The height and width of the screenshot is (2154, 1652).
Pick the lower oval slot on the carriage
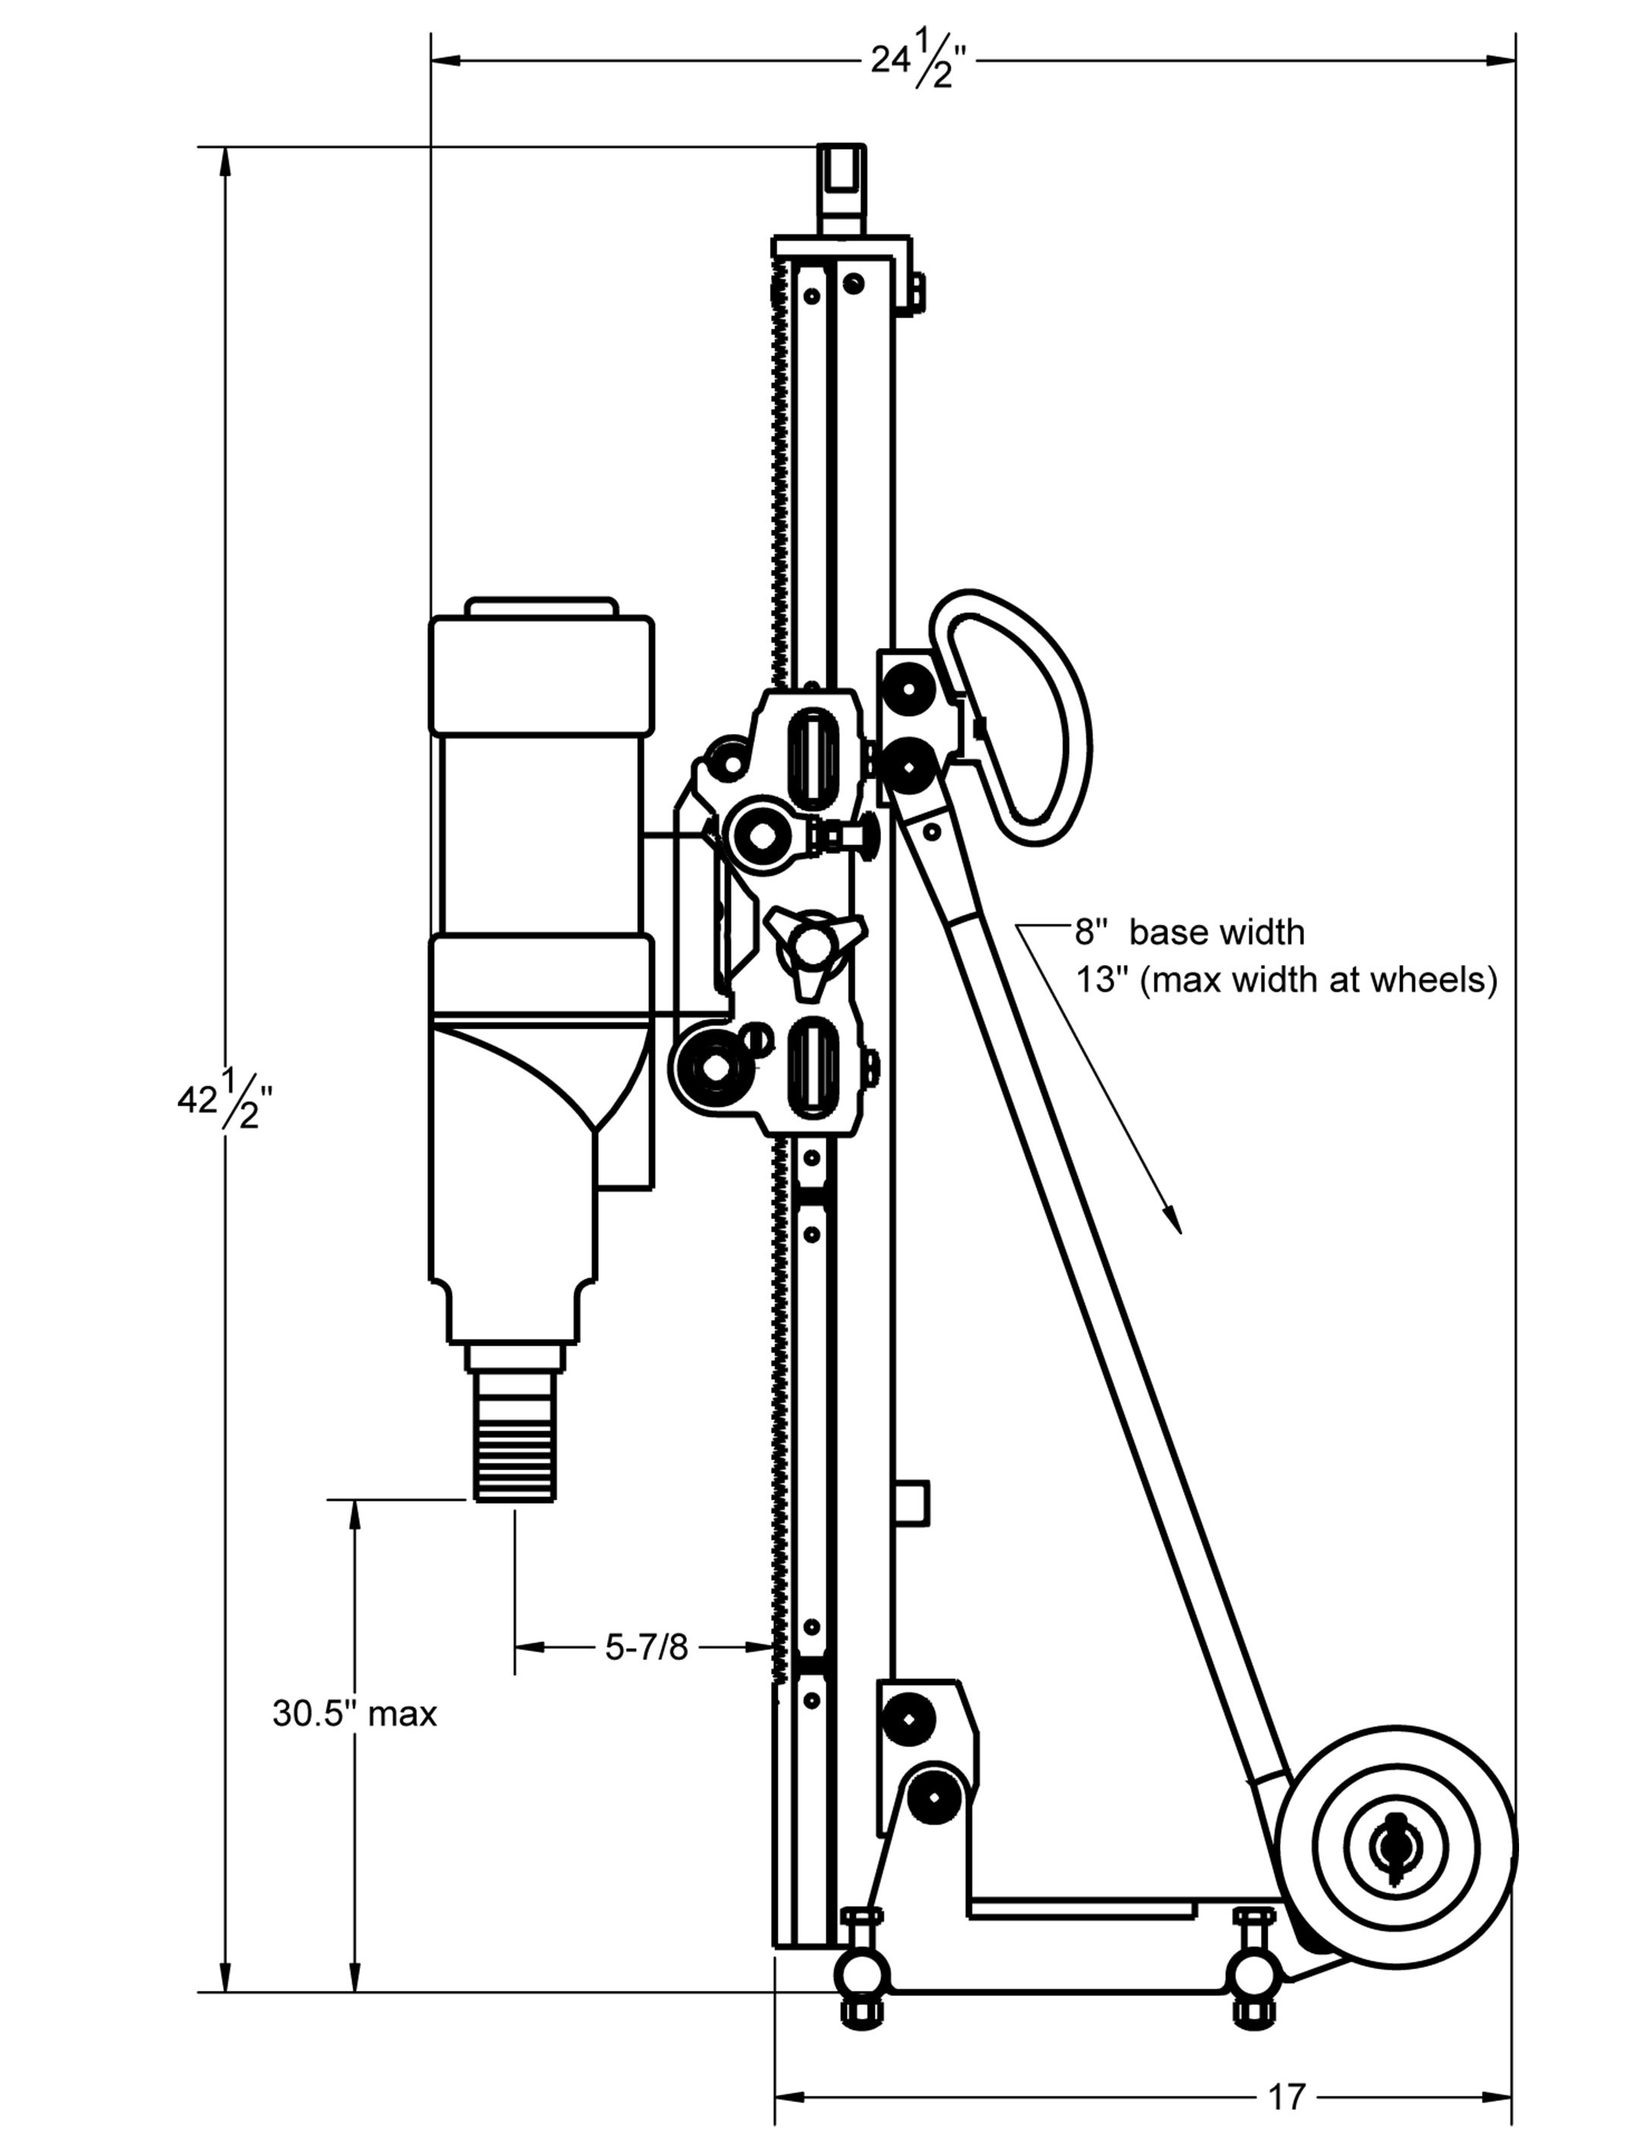(x=814, y=1069)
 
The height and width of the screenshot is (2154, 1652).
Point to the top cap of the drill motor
(x=542, y=608)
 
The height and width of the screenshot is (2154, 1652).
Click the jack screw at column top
(x=842, y=187)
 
